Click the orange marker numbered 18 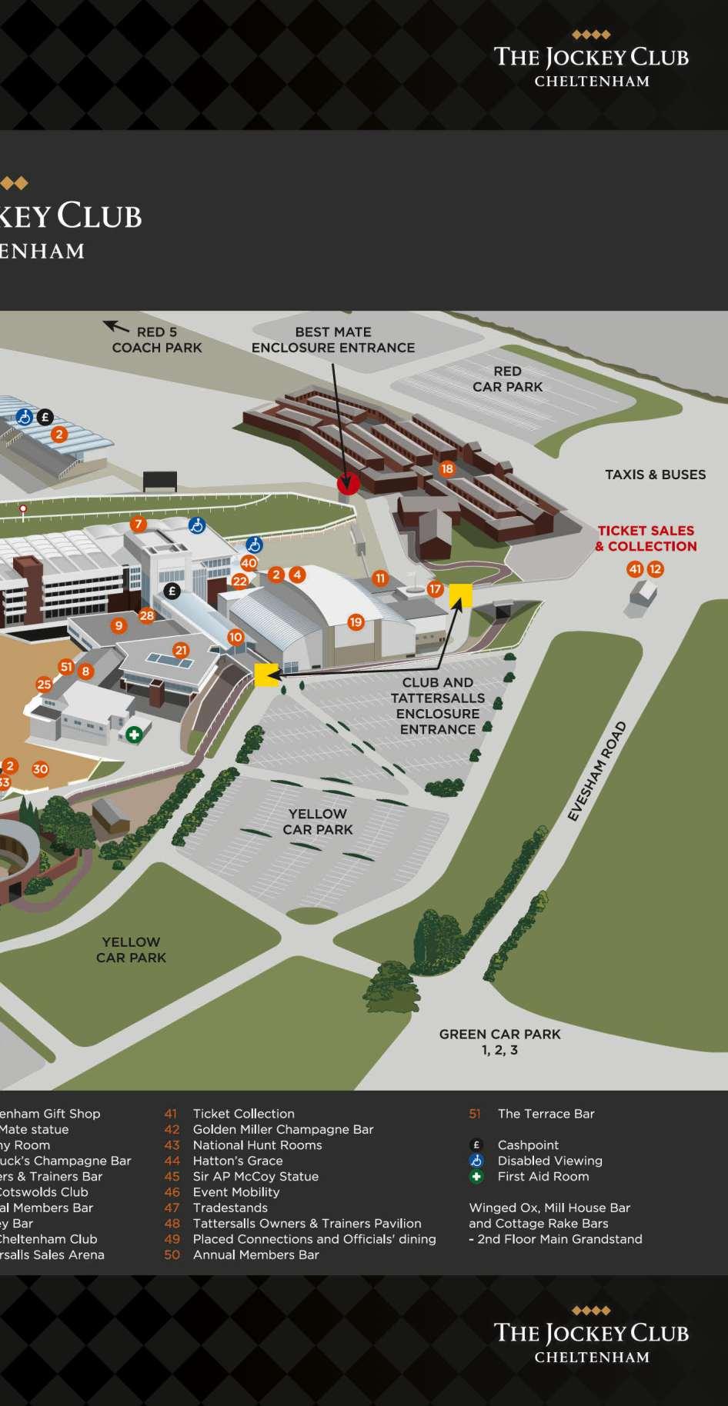(447, 468)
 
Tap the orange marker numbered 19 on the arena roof (356, 621)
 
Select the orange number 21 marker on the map (181, 650)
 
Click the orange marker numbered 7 (139, 525)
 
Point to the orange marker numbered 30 (40, 768)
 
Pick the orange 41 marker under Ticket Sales (635, 569)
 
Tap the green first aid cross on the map (134, 735)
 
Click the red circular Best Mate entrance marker (348, 484)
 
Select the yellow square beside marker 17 (460, 595)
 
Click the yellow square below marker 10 (266, 675)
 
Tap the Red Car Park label (508, 378)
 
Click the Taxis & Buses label (655, 475)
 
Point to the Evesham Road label (597, 771)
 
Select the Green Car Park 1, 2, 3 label (500, 1041)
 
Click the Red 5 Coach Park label (157, 339)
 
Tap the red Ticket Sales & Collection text (646, 538)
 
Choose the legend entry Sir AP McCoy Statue (255, 1176)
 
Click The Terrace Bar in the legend (546, 1113)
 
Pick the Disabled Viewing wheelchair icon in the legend (476, 1161)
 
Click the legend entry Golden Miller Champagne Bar (282, 1129)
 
